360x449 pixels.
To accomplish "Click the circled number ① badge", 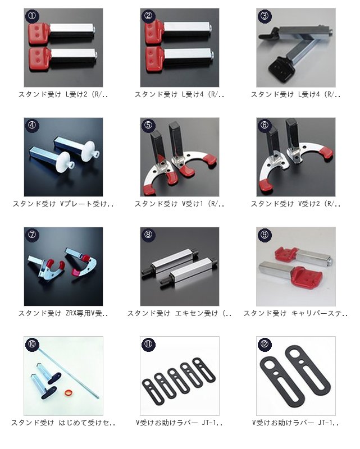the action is tap(32, 16).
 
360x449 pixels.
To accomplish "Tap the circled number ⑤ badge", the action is tap(148, 125).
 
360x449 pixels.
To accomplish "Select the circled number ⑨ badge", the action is tap(265, 235).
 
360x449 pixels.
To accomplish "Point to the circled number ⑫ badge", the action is tap(265, 344).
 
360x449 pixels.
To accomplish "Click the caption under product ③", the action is tap(296, 94).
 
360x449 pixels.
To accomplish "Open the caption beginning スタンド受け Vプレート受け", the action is tap(63, 204).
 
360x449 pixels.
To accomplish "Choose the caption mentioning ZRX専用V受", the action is tap(63, 313).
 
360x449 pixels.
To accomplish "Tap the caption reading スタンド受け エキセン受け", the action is tap(179, 313).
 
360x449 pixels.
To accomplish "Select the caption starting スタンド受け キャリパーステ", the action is tap(296, 313).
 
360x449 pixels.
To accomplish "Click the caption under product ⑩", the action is tap(63, 423).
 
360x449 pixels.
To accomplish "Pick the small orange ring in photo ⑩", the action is tap(68, 392).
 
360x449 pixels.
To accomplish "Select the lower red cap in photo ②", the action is tap(156, 59).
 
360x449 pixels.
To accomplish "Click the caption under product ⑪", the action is tap(179, 423).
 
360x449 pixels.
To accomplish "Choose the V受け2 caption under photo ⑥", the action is tap(296, 204).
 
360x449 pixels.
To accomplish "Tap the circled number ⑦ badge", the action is tap(32, 235).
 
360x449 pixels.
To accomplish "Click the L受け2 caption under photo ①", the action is tap(63, 94).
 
